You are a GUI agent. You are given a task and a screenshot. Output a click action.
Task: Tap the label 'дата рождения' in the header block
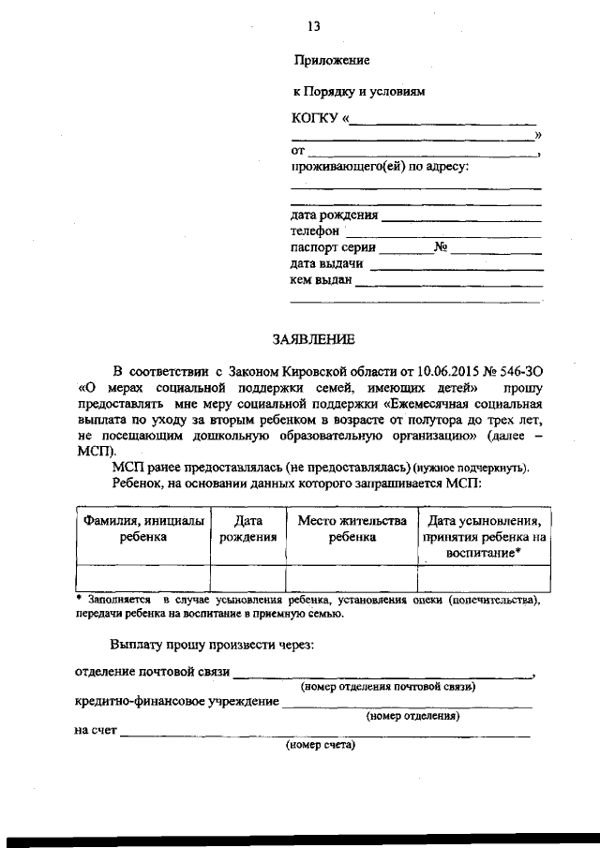tap(334, 215)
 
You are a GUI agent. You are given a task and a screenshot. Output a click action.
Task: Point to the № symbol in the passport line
tap(440, 248)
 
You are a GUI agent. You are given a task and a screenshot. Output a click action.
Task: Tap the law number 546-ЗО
tap(519, 371)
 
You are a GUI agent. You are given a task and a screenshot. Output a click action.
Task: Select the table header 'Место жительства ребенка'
tap(352, 528)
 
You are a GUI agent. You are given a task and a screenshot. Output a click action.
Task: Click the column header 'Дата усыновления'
tap(484, 521)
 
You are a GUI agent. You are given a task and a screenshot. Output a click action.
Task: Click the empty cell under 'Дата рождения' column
tap(247, 577)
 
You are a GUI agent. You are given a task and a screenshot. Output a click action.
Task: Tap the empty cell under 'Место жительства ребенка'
tap(352, 577)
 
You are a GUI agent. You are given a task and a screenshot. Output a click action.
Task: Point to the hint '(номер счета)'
tap(321, 746)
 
